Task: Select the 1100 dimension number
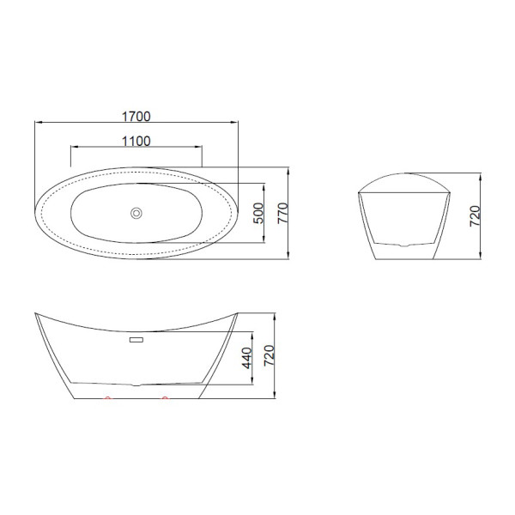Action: point(136,141)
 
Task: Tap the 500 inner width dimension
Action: point(257,213)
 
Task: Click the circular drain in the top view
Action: point(136,213)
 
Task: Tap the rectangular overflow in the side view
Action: point(136,341)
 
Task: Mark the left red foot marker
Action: point(107,399)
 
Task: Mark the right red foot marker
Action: point(164,399)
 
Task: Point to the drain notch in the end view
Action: point(404,245)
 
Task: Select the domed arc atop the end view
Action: point(404,176)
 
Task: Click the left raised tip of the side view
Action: point(37,313)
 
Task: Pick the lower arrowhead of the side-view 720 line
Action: point(274,397)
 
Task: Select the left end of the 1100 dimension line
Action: point(69,148)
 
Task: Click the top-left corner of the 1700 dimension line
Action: point(35,121)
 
